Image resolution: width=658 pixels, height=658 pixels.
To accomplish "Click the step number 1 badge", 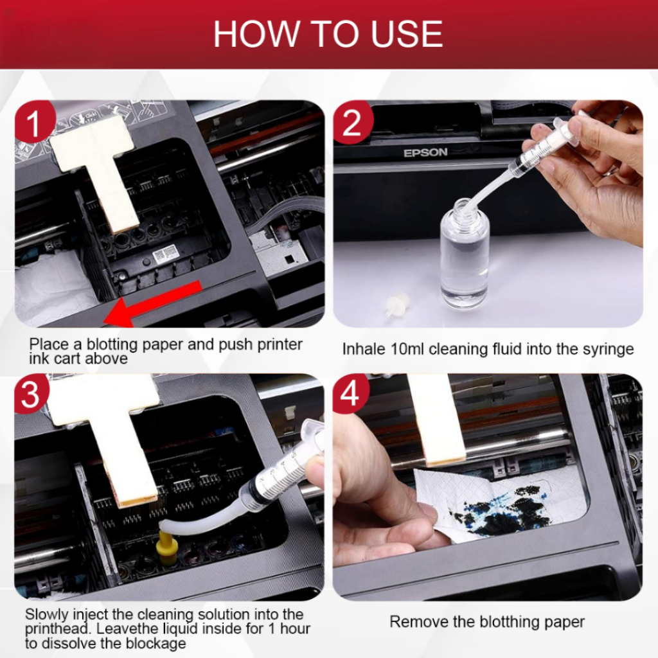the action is [33, 123].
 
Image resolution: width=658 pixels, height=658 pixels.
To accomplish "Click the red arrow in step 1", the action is [153, 303].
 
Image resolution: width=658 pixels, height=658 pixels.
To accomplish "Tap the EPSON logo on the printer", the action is [425, 153].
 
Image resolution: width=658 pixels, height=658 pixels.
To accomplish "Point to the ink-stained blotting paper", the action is [499, 505].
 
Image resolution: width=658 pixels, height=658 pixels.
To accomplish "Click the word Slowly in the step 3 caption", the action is [46, 615].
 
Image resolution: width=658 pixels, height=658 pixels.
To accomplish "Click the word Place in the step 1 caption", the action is [49, 344].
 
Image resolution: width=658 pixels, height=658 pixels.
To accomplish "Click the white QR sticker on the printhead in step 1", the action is [164, 253].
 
